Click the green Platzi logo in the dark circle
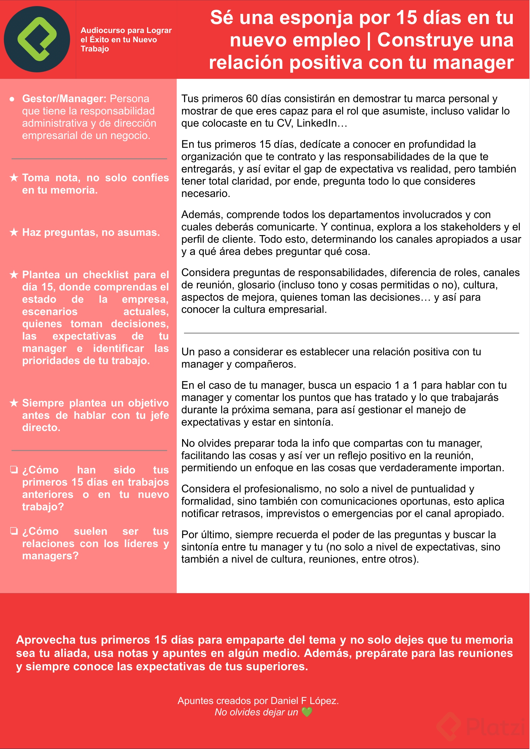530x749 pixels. tap(37, 39)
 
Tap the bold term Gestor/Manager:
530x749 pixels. tap(64, 99)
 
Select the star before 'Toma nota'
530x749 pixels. tap(14, 178)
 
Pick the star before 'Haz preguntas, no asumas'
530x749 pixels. tap(14, 232)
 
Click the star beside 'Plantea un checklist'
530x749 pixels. tap(14, 274)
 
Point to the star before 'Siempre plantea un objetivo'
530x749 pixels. tap(14, 403)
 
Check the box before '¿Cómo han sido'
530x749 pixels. tap(14, 469)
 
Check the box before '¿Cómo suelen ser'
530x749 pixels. tap(14, 531)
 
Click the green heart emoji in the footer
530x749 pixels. tap(307, 712)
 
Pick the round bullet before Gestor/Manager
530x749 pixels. tap(12, 99)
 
